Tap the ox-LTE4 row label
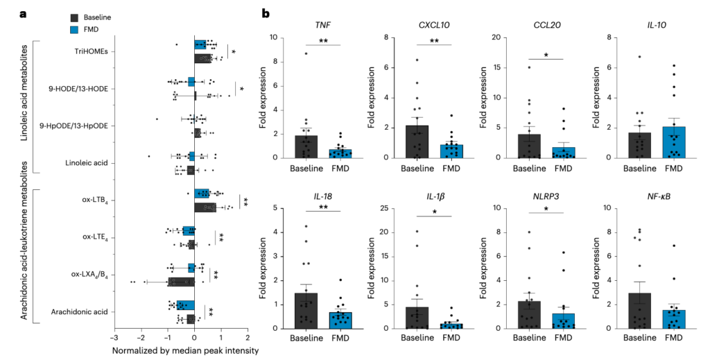pos(98,237)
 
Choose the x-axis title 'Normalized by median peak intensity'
pos(185,350)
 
